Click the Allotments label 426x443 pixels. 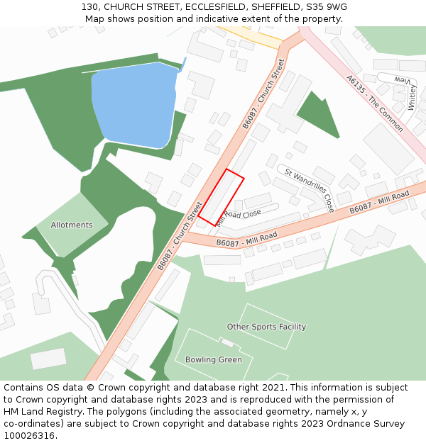72,225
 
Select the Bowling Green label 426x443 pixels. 213,359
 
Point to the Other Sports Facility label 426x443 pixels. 266,327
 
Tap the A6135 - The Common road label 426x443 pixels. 375,103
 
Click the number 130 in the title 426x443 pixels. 89,6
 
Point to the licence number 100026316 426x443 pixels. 29,435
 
